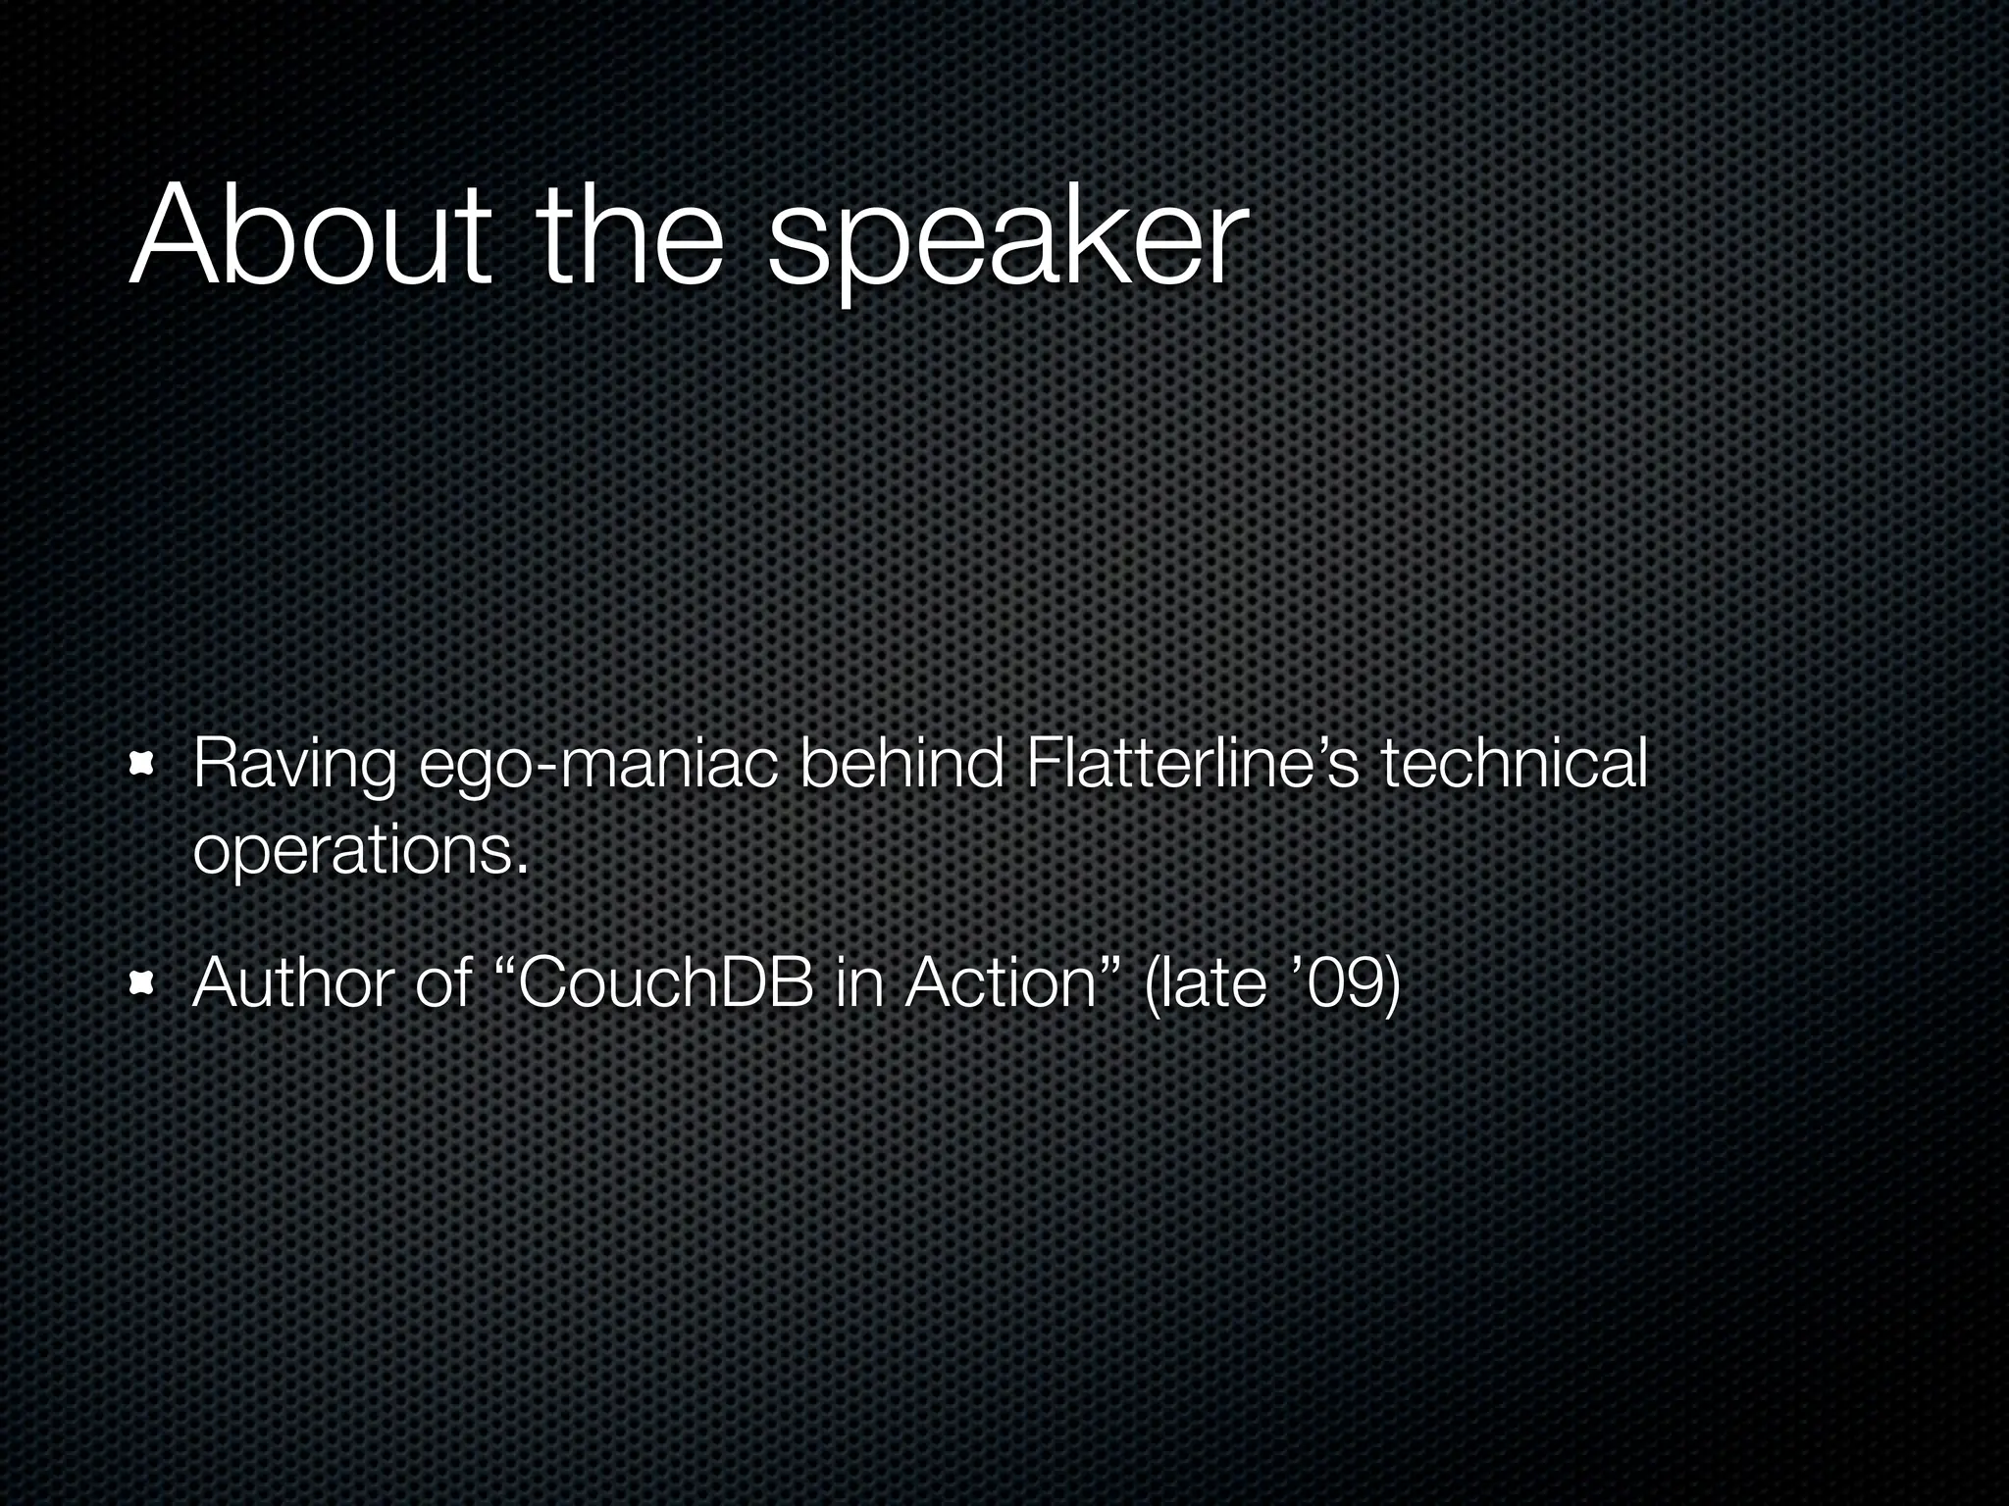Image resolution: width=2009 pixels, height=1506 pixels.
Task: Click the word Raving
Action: [x=295, y=767]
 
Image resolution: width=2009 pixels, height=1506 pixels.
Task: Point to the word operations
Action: [x=351, y=851]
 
